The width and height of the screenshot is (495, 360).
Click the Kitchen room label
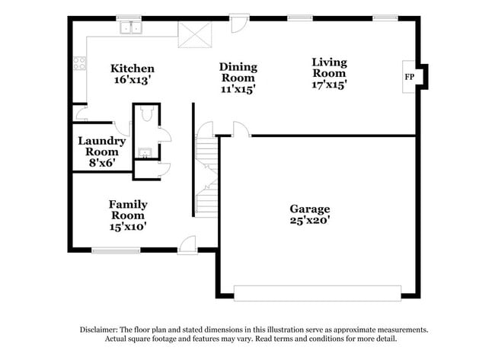[x=133, y=68]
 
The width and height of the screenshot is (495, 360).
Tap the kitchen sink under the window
[x=132, y=29]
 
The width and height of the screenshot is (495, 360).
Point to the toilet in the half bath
[x=147, y=115]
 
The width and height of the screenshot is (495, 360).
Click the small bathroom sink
[x=145, y=152]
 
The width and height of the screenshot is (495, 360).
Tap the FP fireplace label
[x=409, y=77]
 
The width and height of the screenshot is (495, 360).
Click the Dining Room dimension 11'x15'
[x=238, y=88]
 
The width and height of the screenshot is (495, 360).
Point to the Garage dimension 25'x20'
[x=309, y=221]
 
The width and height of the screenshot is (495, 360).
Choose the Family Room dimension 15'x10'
[x=127, y=225]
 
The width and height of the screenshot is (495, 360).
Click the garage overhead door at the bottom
[x=317, y=293]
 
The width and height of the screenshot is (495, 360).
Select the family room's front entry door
[x=187, y=244]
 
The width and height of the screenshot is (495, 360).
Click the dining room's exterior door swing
[x=239, y=23]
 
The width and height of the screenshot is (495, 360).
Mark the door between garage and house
[x=241, y=130]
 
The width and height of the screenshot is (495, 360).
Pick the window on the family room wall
[x=116, y=249]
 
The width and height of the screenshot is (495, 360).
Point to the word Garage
[x=309, y=209]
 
